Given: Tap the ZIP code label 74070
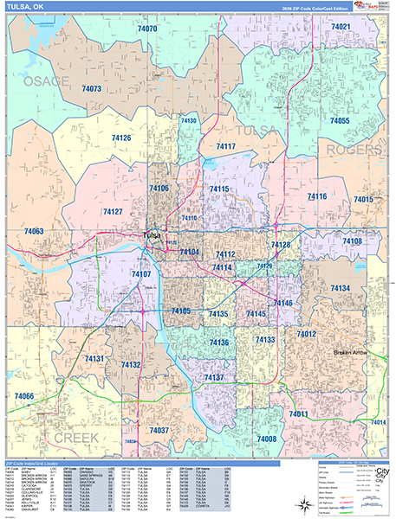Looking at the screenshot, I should [147, 29].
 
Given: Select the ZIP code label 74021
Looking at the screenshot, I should [341, 28].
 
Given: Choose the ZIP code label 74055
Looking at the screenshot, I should [339, 121].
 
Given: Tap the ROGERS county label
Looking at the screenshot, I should [353, 151].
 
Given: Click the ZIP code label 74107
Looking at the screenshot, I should [141, 274].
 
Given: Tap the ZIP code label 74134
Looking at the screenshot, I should [340, 287].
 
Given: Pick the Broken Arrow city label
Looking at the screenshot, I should [355, 353].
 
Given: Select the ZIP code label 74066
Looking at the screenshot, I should [24, 396].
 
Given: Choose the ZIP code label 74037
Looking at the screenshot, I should [159, 430].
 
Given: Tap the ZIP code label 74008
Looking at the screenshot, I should [266, 440].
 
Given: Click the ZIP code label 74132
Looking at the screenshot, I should [131, 366].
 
